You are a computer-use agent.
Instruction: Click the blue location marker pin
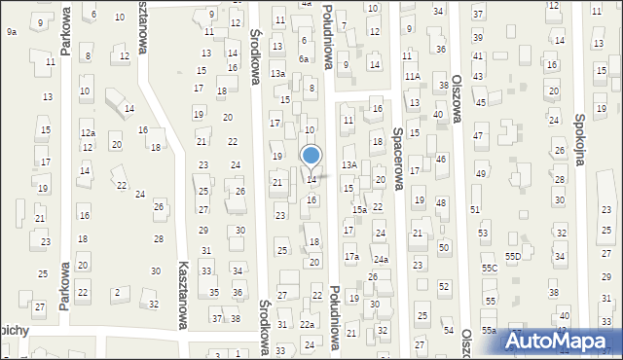tap(311, 157)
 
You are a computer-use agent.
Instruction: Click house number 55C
tap(489, 268)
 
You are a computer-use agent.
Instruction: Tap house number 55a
tap(488, 331)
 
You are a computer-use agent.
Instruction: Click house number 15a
tap(359, 209)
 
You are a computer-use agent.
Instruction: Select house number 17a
tap(351, 257)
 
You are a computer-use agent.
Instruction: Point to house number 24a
tap(381, 260)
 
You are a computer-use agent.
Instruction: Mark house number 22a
tap(307, 324)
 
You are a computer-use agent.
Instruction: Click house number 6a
tap(304, 58)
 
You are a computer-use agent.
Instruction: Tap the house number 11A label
tap(412, 76)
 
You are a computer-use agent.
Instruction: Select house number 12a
tap(88, 132)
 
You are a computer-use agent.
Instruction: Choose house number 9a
tap(12, 32)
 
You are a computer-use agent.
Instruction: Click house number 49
tap(481, 173)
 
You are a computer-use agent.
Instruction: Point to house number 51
tap(475, 209)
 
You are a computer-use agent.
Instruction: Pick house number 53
tap(483, 234)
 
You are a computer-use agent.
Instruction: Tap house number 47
tap(478, 136)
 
